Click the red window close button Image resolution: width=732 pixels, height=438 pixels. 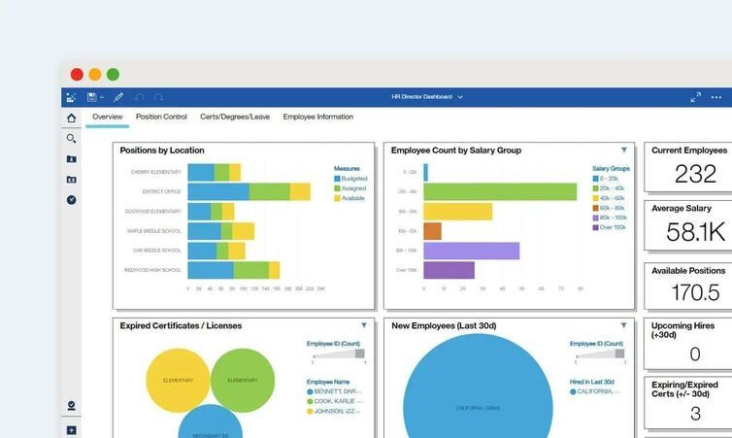77,74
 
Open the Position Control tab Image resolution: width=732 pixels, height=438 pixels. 161,117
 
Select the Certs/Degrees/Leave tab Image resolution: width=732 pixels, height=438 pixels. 235,117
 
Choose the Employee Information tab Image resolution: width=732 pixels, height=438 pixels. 317,117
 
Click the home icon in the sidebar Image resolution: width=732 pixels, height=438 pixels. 71,118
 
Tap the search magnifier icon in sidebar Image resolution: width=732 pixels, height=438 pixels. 71,139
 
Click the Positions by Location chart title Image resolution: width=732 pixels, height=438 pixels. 162,151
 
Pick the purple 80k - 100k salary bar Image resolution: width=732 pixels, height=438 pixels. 471,251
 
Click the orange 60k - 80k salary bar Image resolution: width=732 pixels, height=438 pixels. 432,231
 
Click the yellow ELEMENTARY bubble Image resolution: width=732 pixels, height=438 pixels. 178,380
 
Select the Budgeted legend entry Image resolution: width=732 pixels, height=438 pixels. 352,179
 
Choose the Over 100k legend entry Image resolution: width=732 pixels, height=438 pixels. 612,227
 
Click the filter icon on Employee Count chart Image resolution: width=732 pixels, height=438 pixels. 623,150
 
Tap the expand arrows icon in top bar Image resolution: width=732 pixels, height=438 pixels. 695,97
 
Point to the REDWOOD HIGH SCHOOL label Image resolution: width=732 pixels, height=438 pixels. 152,270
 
